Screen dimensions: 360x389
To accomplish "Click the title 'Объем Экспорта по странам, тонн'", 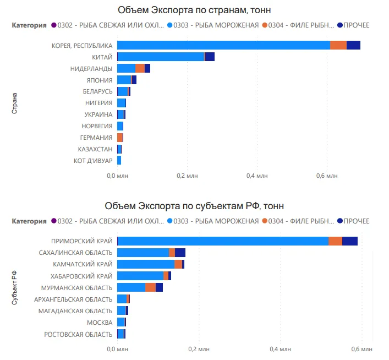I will point(194,10).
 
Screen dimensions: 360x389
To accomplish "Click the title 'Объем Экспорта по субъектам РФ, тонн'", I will point(194,206).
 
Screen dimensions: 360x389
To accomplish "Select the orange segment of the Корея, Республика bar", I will point(338,45).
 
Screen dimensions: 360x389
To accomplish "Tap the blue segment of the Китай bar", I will point(161,57).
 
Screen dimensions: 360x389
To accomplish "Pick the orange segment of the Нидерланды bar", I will point(140,68).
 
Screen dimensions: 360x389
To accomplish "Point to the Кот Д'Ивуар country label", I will point(93,161).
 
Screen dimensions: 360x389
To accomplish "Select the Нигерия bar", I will point(122,103).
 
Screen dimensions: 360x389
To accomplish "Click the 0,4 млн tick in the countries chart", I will point(257,176).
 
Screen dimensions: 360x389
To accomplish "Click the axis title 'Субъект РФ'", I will point(15,288).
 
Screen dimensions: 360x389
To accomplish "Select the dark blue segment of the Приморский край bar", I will point(349,241).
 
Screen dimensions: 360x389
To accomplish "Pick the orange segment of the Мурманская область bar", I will point(150,287).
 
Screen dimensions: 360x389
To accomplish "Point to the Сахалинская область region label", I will point(76,253).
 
